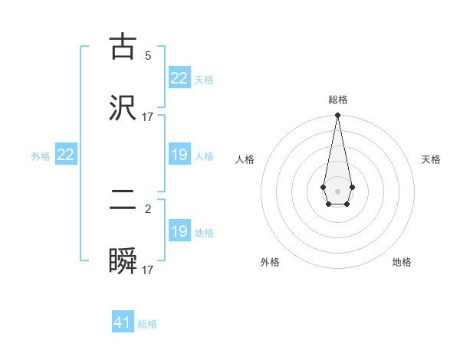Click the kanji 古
coord(123,47)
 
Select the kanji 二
coord(123,201)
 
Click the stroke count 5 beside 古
coord(148,55)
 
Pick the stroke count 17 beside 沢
coord(148,116)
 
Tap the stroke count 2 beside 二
coord(148,208)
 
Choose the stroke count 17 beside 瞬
coord(148,270)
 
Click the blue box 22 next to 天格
coord(179,78)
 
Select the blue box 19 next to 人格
coord(179,155)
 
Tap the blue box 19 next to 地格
coord(179,231)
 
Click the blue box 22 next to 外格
coord(66,155)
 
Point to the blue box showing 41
coord(123,322)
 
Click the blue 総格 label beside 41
coord(147,324)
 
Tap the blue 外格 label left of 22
coord(41,156)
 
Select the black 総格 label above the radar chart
coord(338,100)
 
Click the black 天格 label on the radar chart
coord(431,159)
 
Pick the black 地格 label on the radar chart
coord(402,262)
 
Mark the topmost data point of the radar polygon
coord(337,116)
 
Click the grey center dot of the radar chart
coord(337,191)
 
